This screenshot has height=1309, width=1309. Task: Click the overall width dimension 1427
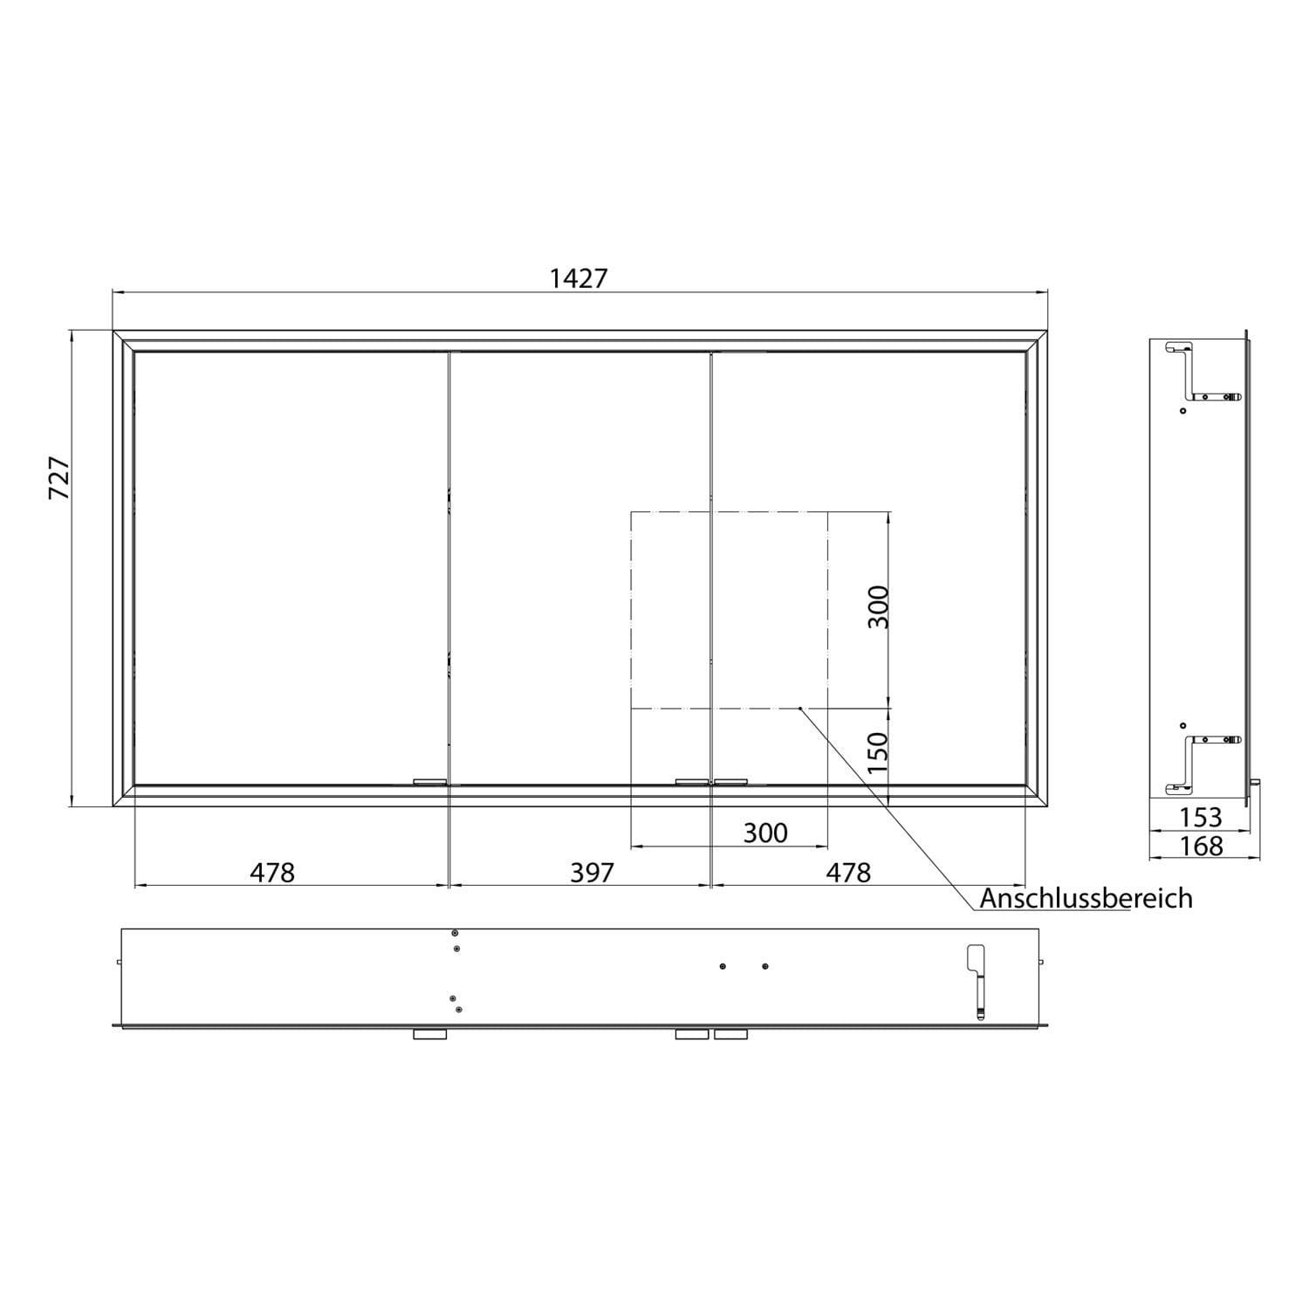(579, 278)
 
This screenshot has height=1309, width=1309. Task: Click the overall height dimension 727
(58, 478)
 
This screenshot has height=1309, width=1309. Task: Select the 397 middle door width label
(592, 872)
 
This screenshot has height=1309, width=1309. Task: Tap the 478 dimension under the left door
(272, 872)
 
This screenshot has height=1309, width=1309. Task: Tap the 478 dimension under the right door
(848, 872)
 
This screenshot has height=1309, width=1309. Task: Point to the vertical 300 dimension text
(878, 607)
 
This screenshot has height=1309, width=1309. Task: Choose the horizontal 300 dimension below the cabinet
(765, 833)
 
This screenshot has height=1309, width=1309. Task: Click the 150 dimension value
(878, 751)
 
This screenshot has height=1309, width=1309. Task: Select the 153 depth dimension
(1201, 817)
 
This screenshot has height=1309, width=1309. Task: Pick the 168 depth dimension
(1201, 846)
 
